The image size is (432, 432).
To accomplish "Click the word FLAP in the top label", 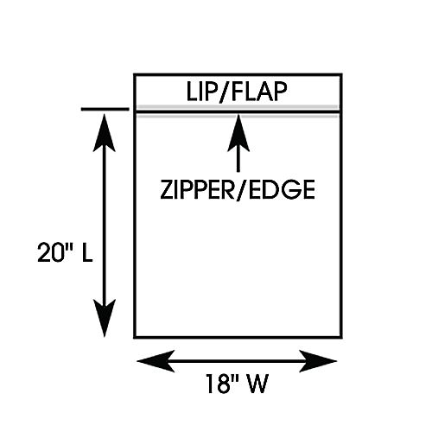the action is [x=259, y=92].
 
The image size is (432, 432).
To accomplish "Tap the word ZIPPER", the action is [x=198, y=189].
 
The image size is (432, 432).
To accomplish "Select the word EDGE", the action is [x=282, y=189].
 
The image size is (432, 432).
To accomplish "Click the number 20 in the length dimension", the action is [x=50, y=252].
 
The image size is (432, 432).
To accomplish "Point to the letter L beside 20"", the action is [x=87, y=252].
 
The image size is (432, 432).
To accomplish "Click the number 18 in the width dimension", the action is [x=218, y=384].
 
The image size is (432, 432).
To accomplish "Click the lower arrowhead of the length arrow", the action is [x=105, y=318].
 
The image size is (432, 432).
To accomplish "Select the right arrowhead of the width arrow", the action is [x=318, y=361].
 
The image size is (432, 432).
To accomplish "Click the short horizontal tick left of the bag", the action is [x=105, y=109].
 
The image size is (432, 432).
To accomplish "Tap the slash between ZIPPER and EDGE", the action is [x=242, y=190].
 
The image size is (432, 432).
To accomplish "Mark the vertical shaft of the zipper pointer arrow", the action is [x=238, y=162].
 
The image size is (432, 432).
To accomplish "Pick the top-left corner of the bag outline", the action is [x=134, y=74].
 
